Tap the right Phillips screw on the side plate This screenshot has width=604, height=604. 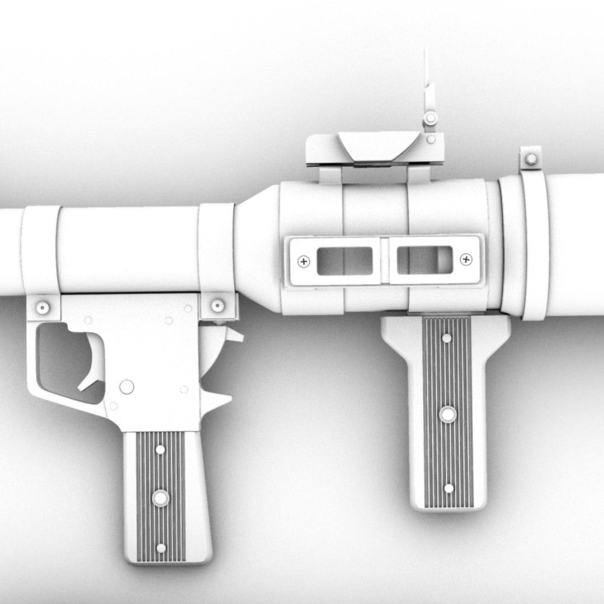(465, 259)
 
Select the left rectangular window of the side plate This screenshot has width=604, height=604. (345, 261)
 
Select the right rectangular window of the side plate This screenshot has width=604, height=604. (424, 260)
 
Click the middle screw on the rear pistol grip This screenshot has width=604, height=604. (161, 497)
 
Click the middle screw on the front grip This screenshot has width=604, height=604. (447, 414)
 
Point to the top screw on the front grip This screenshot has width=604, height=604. (446, 338)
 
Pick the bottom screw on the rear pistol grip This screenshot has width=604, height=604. (161, 548)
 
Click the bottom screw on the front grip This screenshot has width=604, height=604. (449, 488)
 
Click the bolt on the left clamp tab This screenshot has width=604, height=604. (43, 307)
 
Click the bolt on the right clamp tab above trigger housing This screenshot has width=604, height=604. (218, 305)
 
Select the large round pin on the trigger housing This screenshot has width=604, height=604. (127, 386)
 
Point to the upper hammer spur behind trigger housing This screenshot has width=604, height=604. (229, 336)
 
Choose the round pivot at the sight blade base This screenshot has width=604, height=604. (430, 118)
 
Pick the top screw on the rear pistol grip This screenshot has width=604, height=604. (160, 449)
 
